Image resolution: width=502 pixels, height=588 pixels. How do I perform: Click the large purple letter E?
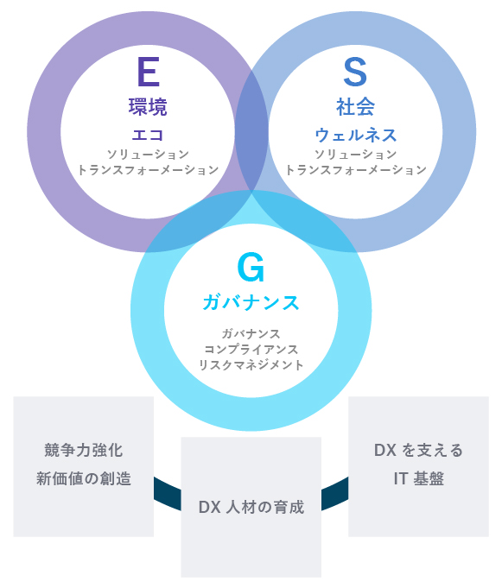coord(149,72)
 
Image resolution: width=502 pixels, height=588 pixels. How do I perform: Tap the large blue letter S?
coord(355,72)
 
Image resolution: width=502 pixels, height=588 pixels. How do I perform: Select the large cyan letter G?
coord(251,267)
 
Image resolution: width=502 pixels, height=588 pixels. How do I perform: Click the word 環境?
coord(148,107)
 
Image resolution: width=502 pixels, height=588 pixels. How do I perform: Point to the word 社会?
coord(355,107)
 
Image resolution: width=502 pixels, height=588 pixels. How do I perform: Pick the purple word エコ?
coord(148,135)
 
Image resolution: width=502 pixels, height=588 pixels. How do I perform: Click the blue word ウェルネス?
coord(355,135)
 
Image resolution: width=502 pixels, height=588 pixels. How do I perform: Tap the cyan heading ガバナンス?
coord(251,302)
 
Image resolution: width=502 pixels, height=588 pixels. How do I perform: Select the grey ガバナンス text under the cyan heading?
coord(251,333)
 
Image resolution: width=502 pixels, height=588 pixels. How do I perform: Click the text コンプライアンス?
coord(251,349)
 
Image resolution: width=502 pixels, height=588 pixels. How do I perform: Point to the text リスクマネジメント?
coord(251,365)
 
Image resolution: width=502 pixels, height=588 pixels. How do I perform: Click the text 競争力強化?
coord(83,450)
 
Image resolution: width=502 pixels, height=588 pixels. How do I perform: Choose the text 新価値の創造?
coord(83,478)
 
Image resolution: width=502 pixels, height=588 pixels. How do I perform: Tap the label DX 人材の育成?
coord(251,507)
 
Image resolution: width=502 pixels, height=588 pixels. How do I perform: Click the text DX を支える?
coord(418,450)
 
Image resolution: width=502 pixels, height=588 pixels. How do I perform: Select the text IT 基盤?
coord(418,478)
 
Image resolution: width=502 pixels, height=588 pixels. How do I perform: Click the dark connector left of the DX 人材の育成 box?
coord(168,494)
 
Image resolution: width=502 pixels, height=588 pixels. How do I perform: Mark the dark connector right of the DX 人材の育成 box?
coord(334,494)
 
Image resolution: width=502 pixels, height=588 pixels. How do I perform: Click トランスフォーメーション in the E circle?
coord(148,170)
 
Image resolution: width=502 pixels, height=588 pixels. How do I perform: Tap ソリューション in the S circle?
coord(355,155)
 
